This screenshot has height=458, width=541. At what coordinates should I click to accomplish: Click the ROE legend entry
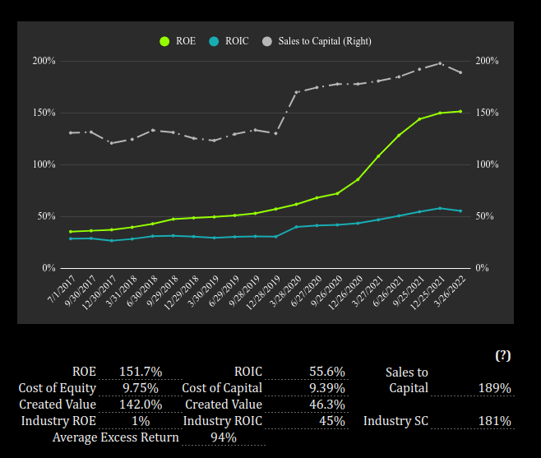178,41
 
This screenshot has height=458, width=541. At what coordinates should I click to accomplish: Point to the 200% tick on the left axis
44,61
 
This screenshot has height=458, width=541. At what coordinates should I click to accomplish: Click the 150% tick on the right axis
488,113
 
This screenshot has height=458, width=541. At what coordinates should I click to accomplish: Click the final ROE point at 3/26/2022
460,111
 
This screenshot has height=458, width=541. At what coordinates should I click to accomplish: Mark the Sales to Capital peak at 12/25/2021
440,63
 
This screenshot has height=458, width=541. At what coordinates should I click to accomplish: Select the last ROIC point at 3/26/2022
460,211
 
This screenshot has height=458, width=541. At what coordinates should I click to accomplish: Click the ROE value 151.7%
141,372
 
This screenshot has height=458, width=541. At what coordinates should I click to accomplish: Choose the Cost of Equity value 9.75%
141,388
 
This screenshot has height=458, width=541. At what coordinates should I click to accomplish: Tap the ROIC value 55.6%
326,372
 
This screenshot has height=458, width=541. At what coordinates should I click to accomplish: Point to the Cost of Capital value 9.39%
326,388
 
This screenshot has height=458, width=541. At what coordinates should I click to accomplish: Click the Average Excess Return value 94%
224,437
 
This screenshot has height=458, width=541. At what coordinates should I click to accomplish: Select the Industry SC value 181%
494,421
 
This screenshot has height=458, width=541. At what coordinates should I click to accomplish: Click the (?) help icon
502,355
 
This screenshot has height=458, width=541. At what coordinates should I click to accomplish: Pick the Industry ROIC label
222,421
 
